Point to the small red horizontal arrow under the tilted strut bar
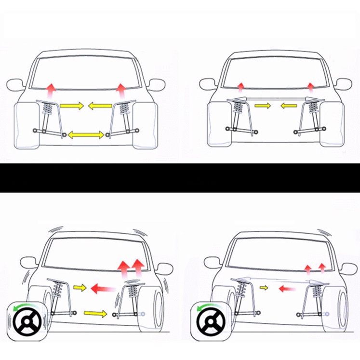(x=287, y=289)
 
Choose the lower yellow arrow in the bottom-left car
(x=96, y=314)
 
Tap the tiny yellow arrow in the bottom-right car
(x=263, y=288)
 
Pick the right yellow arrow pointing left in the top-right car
(x=289, y=105)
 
